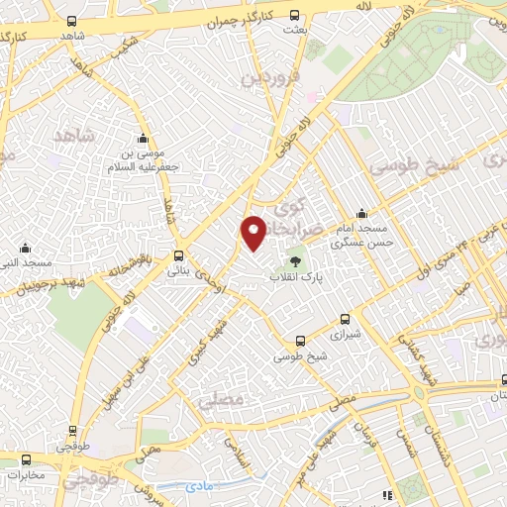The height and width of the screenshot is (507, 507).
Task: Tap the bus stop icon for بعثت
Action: pyautogui.click(x=294, y=15)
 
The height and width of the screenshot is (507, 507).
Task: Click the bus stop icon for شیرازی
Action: pyautogui.click(x=345, y=319)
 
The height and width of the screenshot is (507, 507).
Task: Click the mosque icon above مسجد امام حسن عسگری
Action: pyautogui.click(x=361, y=213)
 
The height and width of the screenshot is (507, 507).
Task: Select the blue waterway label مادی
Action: pyautogui.click(x=198, y=486)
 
